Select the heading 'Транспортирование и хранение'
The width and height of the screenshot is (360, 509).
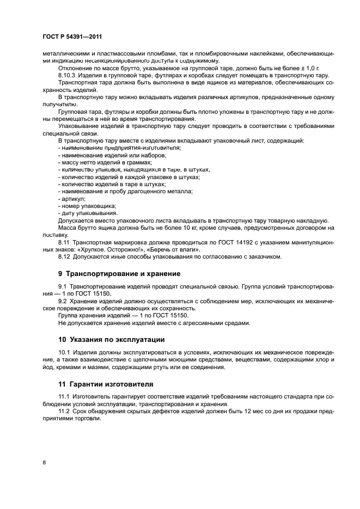click(x=123, y=273)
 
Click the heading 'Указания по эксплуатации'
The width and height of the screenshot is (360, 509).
click(x=115, y=339)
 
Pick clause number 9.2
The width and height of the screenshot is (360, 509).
click(x=62, y=301)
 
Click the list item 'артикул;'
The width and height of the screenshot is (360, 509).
click(x=70, y=199)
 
